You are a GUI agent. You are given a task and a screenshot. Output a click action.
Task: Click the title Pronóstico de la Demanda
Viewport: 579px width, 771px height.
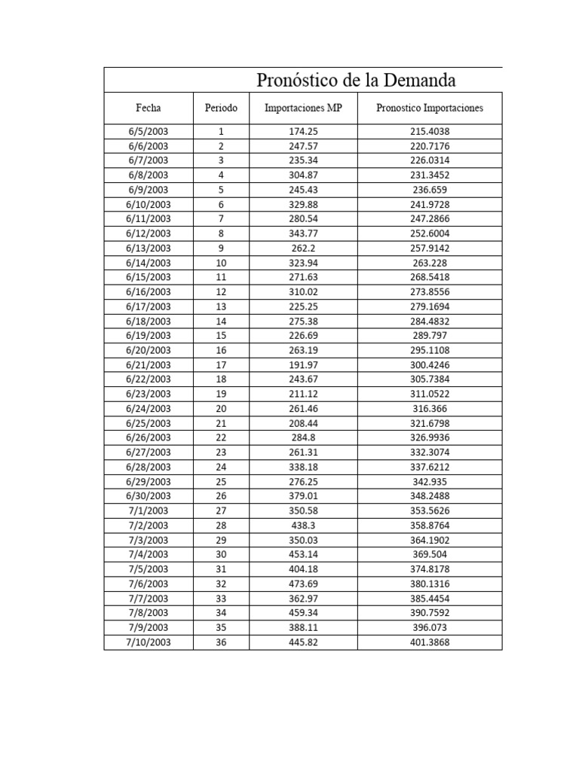356,80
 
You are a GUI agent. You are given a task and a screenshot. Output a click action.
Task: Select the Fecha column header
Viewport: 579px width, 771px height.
149,108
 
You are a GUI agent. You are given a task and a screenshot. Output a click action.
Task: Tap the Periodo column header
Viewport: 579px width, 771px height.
221,108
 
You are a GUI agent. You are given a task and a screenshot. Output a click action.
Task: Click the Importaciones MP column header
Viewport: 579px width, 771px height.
303,108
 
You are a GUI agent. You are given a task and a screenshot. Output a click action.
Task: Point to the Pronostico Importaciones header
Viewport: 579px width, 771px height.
430,108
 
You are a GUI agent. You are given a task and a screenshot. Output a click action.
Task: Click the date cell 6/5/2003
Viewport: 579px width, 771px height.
149,132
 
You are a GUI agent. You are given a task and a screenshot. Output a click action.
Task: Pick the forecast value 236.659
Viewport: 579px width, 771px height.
430,190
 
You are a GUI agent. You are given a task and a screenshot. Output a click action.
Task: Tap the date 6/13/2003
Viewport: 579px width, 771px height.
149,248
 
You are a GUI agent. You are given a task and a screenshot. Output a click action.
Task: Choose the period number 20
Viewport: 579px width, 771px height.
221,409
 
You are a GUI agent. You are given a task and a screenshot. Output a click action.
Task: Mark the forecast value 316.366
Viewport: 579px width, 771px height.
430,409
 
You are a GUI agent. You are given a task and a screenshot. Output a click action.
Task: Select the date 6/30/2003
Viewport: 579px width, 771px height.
149,496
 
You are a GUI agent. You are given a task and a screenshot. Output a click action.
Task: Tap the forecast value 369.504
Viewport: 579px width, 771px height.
430,555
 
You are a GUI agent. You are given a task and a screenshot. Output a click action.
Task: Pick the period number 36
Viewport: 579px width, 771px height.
221,642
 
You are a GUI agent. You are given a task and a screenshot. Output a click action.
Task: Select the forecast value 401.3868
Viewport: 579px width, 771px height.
430,642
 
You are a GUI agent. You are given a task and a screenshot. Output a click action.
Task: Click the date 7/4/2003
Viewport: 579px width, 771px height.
149,555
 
